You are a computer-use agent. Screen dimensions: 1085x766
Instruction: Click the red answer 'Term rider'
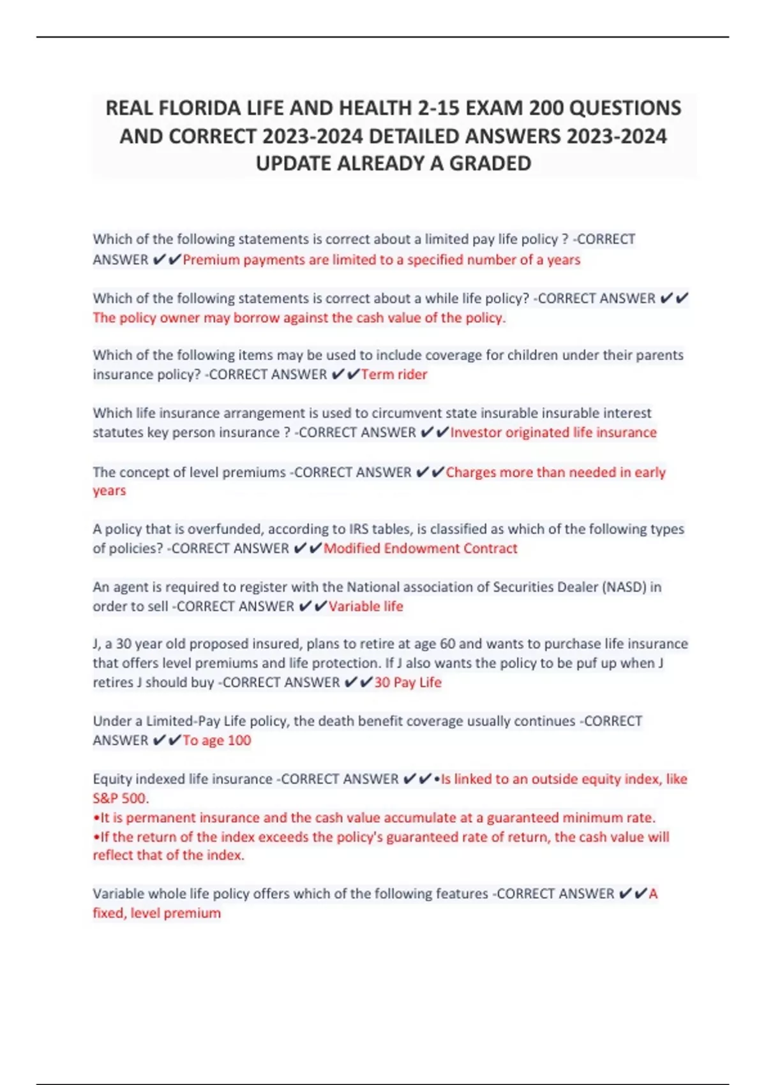[394, 375]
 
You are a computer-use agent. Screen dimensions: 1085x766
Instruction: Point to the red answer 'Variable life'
[366, 606]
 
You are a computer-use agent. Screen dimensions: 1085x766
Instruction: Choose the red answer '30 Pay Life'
[408, 682]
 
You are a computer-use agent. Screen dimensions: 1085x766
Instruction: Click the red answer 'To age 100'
[217, 740]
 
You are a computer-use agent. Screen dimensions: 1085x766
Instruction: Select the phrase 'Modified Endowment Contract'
[420, 548]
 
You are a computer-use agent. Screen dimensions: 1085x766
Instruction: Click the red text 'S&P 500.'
[121, 798]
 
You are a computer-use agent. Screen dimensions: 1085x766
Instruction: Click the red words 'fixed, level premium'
[156, 913]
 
